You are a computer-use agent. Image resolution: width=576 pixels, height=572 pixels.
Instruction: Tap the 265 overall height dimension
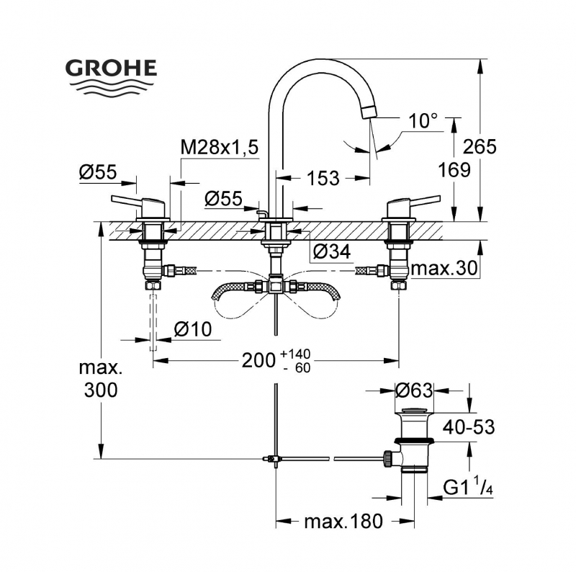coord(480,147)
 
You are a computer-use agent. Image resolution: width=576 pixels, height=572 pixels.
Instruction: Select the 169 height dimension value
coord(454,170)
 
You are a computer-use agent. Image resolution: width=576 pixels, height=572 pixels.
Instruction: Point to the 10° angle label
coord(423,120)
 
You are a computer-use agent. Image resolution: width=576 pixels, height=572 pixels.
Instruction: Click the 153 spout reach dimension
coord(323,178)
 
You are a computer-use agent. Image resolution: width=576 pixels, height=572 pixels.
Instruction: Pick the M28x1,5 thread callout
coord(219,148)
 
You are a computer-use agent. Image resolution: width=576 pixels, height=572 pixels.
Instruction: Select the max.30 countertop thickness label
coord(444,268)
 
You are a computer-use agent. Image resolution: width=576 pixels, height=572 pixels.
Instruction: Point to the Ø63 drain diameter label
coord(414,391)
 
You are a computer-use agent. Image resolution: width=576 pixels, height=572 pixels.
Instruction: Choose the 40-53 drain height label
coord(468,427)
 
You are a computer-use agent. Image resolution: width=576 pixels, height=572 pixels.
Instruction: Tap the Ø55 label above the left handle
coord(98,172)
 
